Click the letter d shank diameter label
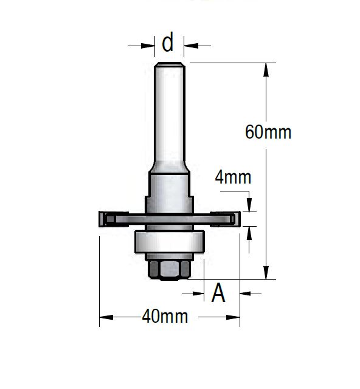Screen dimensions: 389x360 point(168,43)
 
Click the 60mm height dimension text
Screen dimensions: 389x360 point(268,132)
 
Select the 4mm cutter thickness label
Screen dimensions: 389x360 point(233,177)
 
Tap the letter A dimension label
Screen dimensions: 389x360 point(218,294)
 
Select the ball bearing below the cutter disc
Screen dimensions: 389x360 point(170,242)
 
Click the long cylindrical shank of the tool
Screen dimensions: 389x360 point(170,115)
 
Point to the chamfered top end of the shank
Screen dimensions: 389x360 point(170,64)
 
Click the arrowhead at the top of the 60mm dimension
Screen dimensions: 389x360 point(266,68)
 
